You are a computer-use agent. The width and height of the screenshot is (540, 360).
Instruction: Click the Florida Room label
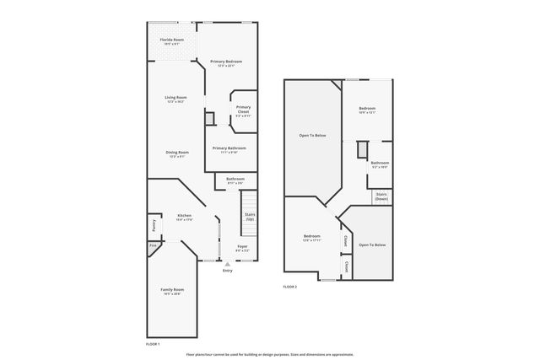[x=173, y=40]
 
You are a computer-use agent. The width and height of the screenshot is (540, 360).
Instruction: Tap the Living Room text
[x=175, y=99]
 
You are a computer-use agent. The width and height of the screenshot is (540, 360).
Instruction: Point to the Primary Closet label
[x=243, y=110]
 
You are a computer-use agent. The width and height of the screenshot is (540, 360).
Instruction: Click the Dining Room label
[x=177, y=153]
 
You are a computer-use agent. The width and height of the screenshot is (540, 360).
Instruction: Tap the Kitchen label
[x=184, y=218]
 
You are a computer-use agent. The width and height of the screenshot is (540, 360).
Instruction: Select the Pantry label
[x=154, y=226]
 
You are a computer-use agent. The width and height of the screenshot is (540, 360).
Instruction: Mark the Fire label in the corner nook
[x=153, y=246]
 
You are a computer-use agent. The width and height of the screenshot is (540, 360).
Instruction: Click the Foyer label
[x=242, y=249]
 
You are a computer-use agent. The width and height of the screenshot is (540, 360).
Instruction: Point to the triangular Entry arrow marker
[x=227, y=264]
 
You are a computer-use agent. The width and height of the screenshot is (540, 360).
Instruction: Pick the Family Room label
[x=172, y=291]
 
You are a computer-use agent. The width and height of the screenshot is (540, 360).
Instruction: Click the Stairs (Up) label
[x=250, y=217]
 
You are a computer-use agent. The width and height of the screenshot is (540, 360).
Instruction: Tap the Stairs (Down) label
[x=381, y=196]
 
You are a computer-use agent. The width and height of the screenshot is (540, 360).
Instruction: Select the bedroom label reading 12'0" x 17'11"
[x=311, y=239]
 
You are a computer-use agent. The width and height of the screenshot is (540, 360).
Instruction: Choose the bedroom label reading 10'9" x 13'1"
[x=367, y=110]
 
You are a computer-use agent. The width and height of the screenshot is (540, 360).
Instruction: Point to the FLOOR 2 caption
[x=289, y=287]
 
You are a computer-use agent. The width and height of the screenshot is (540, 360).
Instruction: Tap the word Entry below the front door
[x=227, y=271]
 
